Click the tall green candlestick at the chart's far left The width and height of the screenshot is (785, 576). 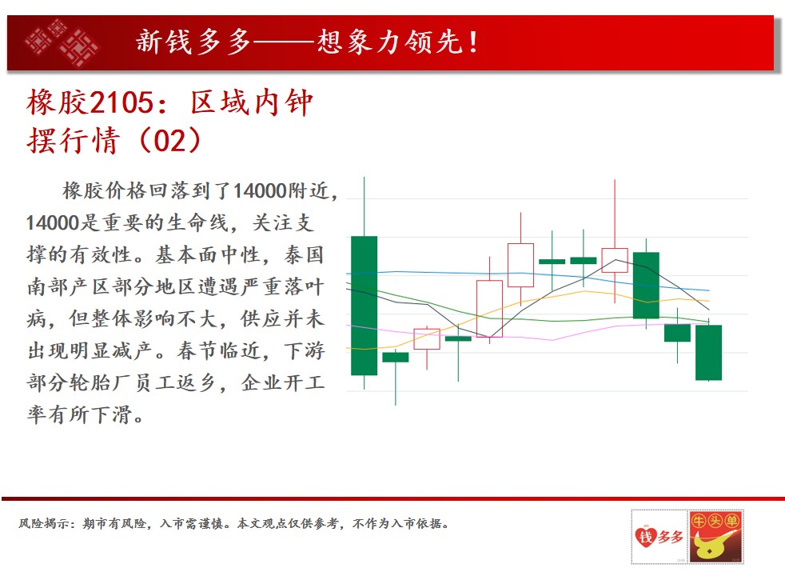(x=364, y=305)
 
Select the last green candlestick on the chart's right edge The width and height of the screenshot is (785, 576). (x=708, y=352)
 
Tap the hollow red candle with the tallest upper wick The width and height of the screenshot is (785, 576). (x=615, y=260)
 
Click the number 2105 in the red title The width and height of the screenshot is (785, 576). (x=122, y=102)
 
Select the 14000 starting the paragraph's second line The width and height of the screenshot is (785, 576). (x=53, y=223)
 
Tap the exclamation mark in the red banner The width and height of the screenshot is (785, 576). (x=473, y=42)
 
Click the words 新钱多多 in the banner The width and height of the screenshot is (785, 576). (x=193, y=42)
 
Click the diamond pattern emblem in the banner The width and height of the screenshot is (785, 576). (x=62, y=42)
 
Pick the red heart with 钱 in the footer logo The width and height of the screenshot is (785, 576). (x=645, y=538)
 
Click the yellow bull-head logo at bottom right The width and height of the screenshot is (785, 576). (x=715, y=537)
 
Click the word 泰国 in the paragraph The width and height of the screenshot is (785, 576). (x=304, y=255)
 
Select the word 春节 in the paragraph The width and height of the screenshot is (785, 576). (x=197, y=351)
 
